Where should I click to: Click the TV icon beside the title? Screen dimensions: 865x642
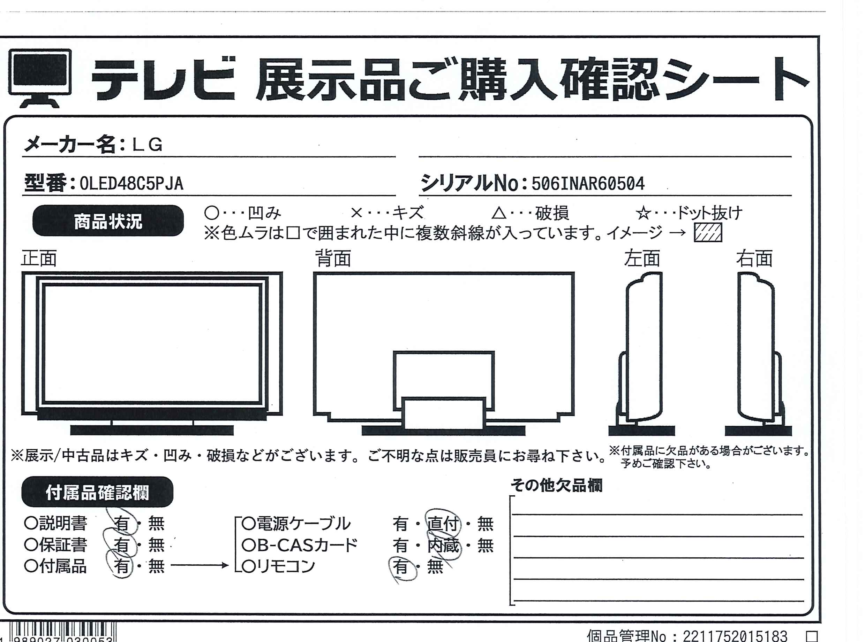[x=40, y=78]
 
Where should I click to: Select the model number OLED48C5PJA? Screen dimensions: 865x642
[x=131, y=184]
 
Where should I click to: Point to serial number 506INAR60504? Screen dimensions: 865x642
[x=588, y=184]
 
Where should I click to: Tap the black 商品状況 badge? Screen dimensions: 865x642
[x=108, y=221]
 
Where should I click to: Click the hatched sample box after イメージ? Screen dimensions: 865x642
[x=708, y=232]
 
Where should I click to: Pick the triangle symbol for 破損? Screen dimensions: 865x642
[x=499, y=213]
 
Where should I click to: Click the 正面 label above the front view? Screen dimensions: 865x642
[x=39, y=258]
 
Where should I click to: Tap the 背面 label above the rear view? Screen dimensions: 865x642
[x=333, y=258]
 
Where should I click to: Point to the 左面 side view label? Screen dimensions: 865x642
[x=642, y=258]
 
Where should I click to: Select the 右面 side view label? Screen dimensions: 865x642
[x=754, y=258]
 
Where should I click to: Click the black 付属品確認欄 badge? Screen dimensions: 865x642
[x=97, y=492]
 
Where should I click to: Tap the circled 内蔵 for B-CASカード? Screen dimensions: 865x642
[x=443, y=545]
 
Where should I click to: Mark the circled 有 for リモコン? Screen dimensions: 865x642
[x=401, y=567]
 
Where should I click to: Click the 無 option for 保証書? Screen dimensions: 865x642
[x=156, y=545]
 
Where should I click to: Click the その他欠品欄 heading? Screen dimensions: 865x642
[x=556, y=485]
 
